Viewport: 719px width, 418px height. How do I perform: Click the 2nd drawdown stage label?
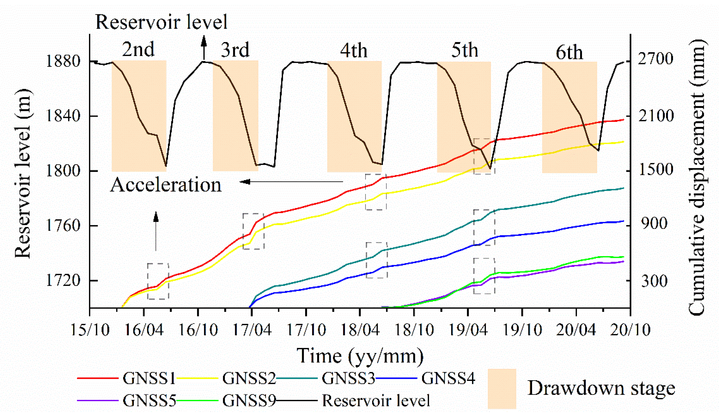pos(138,49)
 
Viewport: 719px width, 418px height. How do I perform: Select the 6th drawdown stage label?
pos(569,52)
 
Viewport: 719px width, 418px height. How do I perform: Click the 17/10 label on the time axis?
pos(306,330)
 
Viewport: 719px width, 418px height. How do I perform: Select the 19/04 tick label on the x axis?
pos(468,330)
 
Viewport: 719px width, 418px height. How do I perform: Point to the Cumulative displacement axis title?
pos(698,177)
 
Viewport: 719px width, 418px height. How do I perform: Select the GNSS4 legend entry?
pos(448,378)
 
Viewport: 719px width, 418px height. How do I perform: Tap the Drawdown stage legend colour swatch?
pos(502,389)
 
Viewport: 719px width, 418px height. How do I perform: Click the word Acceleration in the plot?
pos(166,185)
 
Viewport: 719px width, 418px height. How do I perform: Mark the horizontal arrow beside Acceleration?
pos(291,181)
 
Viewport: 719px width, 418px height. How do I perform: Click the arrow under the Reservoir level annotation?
pos(204,47)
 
